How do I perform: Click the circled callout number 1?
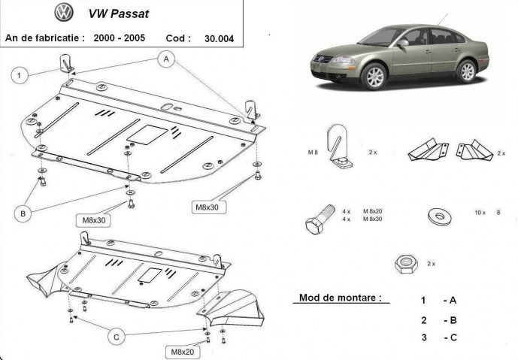(20, 73)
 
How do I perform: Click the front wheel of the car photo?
(374, 77)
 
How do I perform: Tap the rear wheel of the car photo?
(466, 71)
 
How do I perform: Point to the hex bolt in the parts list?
(320, 219)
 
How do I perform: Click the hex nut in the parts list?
(406, 264)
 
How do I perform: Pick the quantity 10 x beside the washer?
(480, 213)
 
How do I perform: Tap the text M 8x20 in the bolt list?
(374, 211)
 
